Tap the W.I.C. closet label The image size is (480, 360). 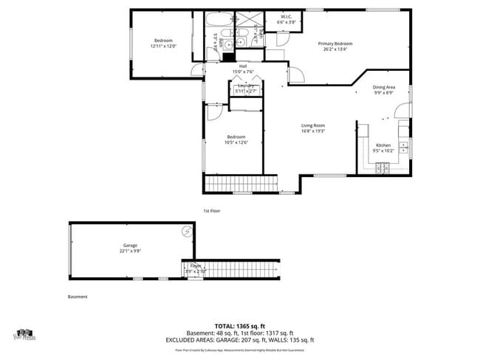click(x=286, y=17)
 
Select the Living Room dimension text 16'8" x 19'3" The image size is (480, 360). click(x=312, y=131)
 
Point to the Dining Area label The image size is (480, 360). click(x=383, y=87)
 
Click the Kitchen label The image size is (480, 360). click(x=383, y=145)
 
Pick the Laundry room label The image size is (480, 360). click(x=246, y=86)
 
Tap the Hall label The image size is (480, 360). click(x=243, y=66)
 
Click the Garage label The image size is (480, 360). click(x=130, y=245)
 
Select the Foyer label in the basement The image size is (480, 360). click(x=196, y=265)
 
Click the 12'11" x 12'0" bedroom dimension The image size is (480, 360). click(x=162, y=46)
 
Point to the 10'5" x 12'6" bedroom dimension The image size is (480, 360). click(x=236, y=142)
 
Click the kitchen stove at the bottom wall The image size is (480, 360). click(x=383, y=169)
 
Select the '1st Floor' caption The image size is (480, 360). click(x=212, y=211)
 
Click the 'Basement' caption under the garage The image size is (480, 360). click(x=78, y=297)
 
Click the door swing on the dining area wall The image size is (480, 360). click(x=401, y=111)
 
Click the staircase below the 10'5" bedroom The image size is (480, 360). click(x=240, y=183)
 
